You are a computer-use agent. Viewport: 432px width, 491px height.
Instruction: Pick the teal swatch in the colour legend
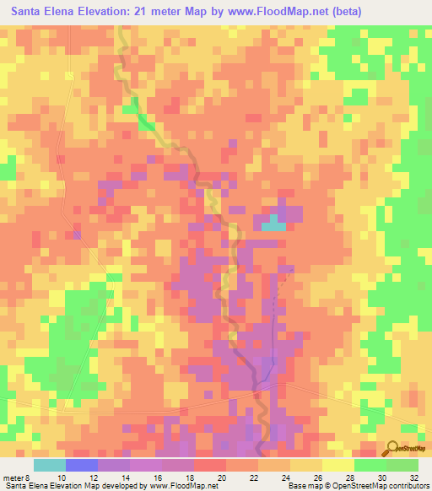[x=50, y=465]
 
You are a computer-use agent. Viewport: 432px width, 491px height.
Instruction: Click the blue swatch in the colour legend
[x=82, y=465]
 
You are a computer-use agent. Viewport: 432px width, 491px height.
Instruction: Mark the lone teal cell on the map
[x=272, y=224]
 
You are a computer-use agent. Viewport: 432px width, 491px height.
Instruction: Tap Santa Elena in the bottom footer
[x=25, y=487]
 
